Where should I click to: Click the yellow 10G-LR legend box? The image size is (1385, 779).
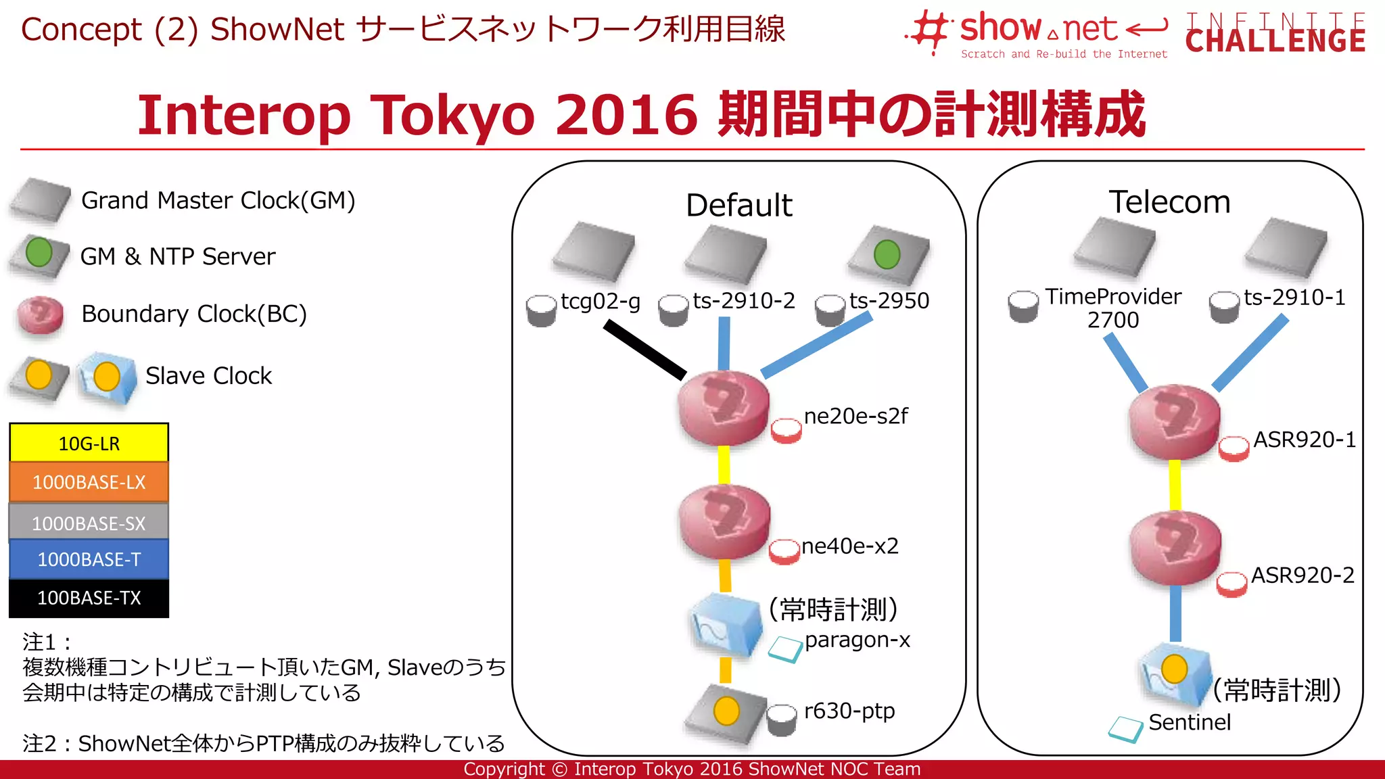[89, 443]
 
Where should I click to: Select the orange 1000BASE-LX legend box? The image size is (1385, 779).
[89, 482]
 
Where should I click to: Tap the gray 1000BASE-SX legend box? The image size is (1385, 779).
[89, 523]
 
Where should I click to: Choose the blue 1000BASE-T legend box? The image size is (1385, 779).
[89, 559]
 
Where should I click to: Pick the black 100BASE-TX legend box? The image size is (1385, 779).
[89, 598]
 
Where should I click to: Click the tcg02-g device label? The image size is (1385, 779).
[601, 301]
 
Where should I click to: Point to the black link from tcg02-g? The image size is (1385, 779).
[644, 350]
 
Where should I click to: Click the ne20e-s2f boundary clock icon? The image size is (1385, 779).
[724, 408]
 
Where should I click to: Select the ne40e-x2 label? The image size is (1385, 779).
[850, 546]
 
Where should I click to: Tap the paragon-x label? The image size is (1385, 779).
[857, 639]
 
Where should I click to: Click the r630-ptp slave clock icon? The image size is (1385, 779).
[726, 713]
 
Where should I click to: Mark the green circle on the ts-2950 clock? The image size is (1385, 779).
[887, 255]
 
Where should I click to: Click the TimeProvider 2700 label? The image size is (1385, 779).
[1113, 308]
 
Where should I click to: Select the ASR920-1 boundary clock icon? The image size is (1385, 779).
[1175, 422]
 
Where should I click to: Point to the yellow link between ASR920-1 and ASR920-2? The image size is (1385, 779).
[1175, 484]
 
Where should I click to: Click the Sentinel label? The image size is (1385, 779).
[1189, 722]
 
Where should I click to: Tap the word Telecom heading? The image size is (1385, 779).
[1169, 202]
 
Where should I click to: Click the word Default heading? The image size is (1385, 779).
[738, 205]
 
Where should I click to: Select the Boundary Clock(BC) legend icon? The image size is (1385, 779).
[41, 315]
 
